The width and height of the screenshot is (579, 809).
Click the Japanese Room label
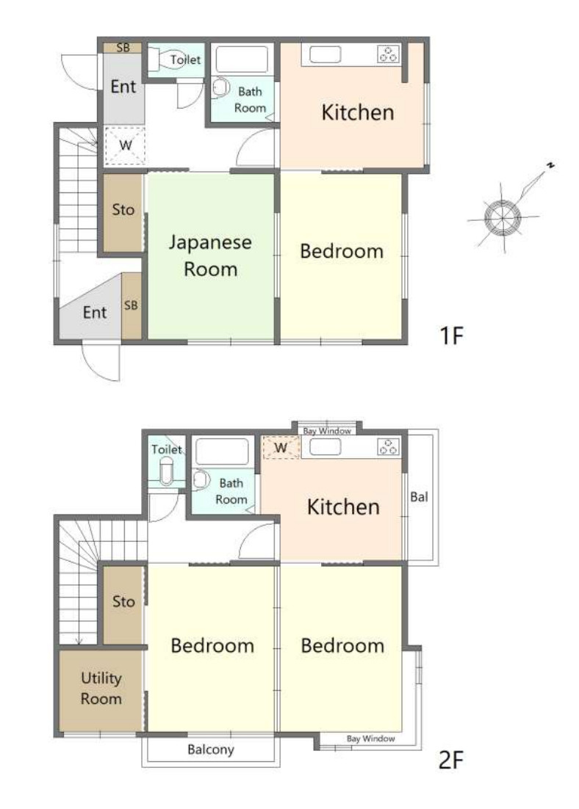click(x=210, y=255)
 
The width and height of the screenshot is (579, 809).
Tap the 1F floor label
click(x=451, y=335)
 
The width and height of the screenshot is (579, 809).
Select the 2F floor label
click(x=451, y=760)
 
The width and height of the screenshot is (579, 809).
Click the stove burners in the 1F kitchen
click(x=389, y=54)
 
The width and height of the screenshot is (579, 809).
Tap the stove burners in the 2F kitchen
click(x=389, y=447)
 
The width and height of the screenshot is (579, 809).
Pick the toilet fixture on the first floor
click(x=170, y=60)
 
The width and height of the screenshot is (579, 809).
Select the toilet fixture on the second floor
click(x=166, y=470)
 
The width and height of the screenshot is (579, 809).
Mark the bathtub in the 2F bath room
click(x=223, y=451)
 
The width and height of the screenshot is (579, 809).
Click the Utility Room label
click(x=101, y=689)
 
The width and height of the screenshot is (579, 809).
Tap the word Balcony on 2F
click(x=211, y=749)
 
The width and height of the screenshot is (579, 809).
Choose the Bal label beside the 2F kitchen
click(x=419, y=497)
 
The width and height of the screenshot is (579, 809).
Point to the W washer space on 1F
click(x=125, y=145)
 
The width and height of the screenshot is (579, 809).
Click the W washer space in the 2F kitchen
click(x=281, y=447)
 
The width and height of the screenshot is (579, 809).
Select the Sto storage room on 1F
click(x=123, y=213)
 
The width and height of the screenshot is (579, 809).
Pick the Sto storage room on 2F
click(x=123, y=605)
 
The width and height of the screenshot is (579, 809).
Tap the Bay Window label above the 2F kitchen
click(x=327, y=431)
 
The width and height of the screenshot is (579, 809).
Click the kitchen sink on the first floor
click(x=325, y=54)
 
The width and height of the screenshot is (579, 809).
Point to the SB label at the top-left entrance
click(x=123, y=48)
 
